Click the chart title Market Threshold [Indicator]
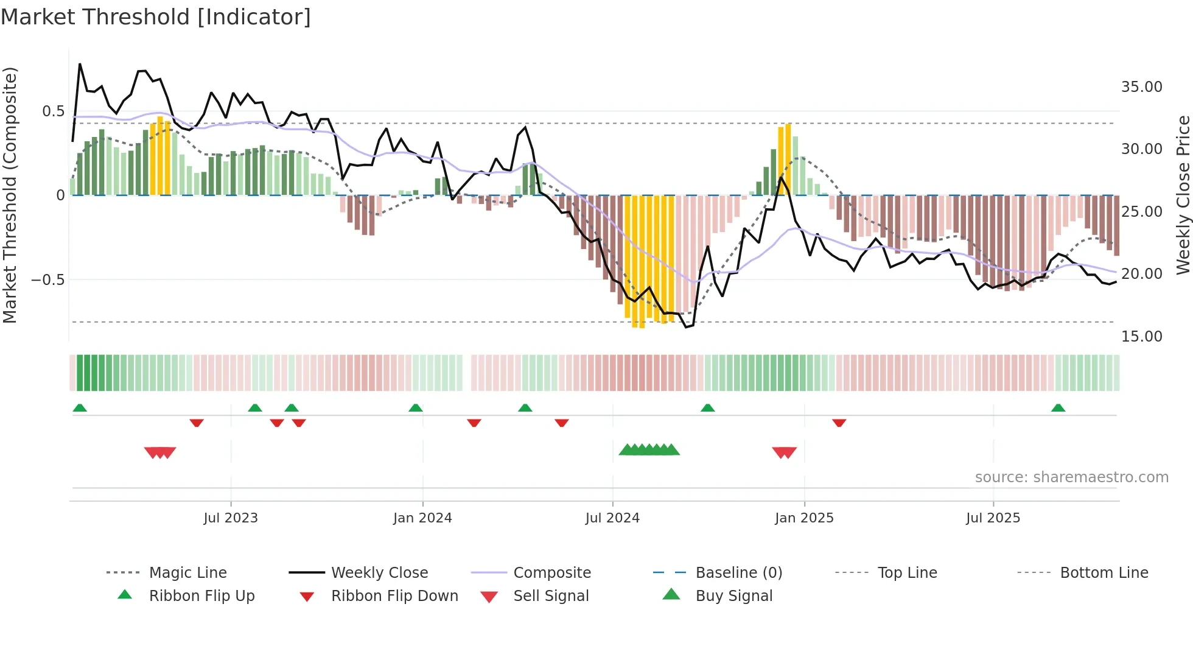(156, 17)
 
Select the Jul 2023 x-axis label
(231, 518)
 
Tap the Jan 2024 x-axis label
(422, 518)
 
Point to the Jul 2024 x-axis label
(612, 518)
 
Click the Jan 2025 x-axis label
(804, 518)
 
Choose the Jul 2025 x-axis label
(993, 518)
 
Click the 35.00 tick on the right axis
(1141, 87)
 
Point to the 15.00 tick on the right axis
(1141, 337)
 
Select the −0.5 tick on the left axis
(48, 280)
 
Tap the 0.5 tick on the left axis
(54, 111)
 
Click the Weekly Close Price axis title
(1183, 195)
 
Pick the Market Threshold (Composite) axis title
(10, 195)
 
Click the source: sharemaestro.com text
(1071, 477)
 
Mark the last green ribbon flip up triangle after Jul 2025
(1058, 408)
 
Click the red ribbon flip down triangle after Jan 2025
(839, 423)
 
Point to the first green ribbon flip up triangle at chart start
(80, 408)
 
